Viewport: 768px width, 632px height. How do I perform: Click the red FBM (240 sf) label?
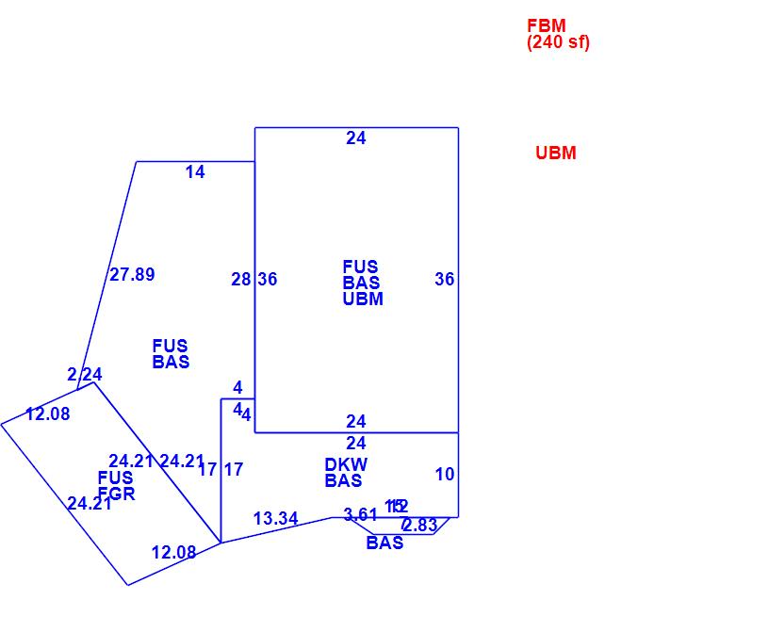[x=558, y=34]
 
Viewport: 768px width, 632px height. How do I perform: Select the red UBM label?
[x=555, y=154]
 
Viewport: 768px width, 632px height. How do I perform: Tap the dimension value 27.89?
[x=132, y=275]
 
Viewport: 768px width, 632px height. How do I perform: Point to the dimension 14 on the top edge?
[x=195, y=172]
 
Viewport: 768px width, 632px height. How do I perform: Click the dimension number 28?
[x=241, y=279]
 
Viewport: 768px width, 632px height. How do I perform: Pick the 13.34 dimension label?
[x=276, y=519]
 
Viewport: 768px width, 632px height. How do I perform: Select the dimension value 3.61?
[x=361, y=514]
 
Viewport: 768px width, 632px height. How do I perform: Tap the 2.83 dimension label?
[x=420, y=526]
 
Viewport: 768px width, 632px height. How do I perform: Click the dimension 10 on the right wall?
[x=445, y=475]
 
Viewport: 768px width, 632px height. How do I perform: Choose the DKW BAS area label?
[x=346, y=473]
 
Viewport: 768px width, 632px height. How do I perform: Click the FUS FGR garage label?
[x=116, y=486]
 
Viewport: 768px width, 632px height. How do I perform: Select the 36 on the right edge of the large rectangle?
[x=445, y=279]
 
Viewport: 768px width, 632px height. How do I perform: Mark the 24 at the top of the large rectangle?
[x=355, y=138]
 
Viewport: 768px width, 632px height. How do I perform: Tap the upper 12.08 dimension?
[x=48, y=413]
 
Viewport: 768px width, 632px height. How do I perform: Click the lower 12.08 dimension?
[x=174, y=553]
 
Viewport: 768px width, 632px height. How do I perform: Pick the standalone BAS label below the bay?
[x=384, y=543]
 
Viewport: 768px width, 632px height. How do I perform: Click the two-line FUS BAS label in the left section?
[x=171, y=354]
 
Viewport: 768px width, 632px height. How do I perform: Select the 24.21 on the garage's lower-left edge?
[x=90, y=504]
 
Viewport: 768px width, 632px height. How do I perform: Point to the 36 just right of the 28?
[x=268, y=279]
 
